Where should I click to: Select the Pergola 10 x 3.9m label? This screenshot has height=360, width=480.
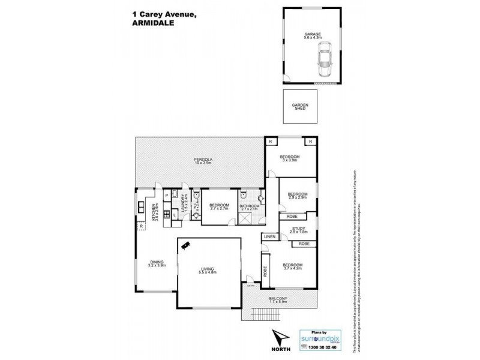click(x=199, y=161)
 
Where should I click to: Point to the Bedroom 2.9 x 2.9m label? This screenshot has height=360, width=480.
click(x=298, y=196)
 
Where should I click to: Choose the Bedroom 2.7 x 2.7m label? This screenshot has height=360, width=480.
click(x=219, y=207)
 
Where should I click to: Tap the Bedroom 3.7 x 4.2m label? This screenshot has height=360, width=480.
click(x=292, y=267)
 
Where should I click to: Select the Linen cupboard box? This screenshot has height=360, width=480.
click(x=269, y=238)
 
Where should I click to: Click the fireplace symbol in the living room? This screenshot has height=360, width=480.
click(x=188, y=244)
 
